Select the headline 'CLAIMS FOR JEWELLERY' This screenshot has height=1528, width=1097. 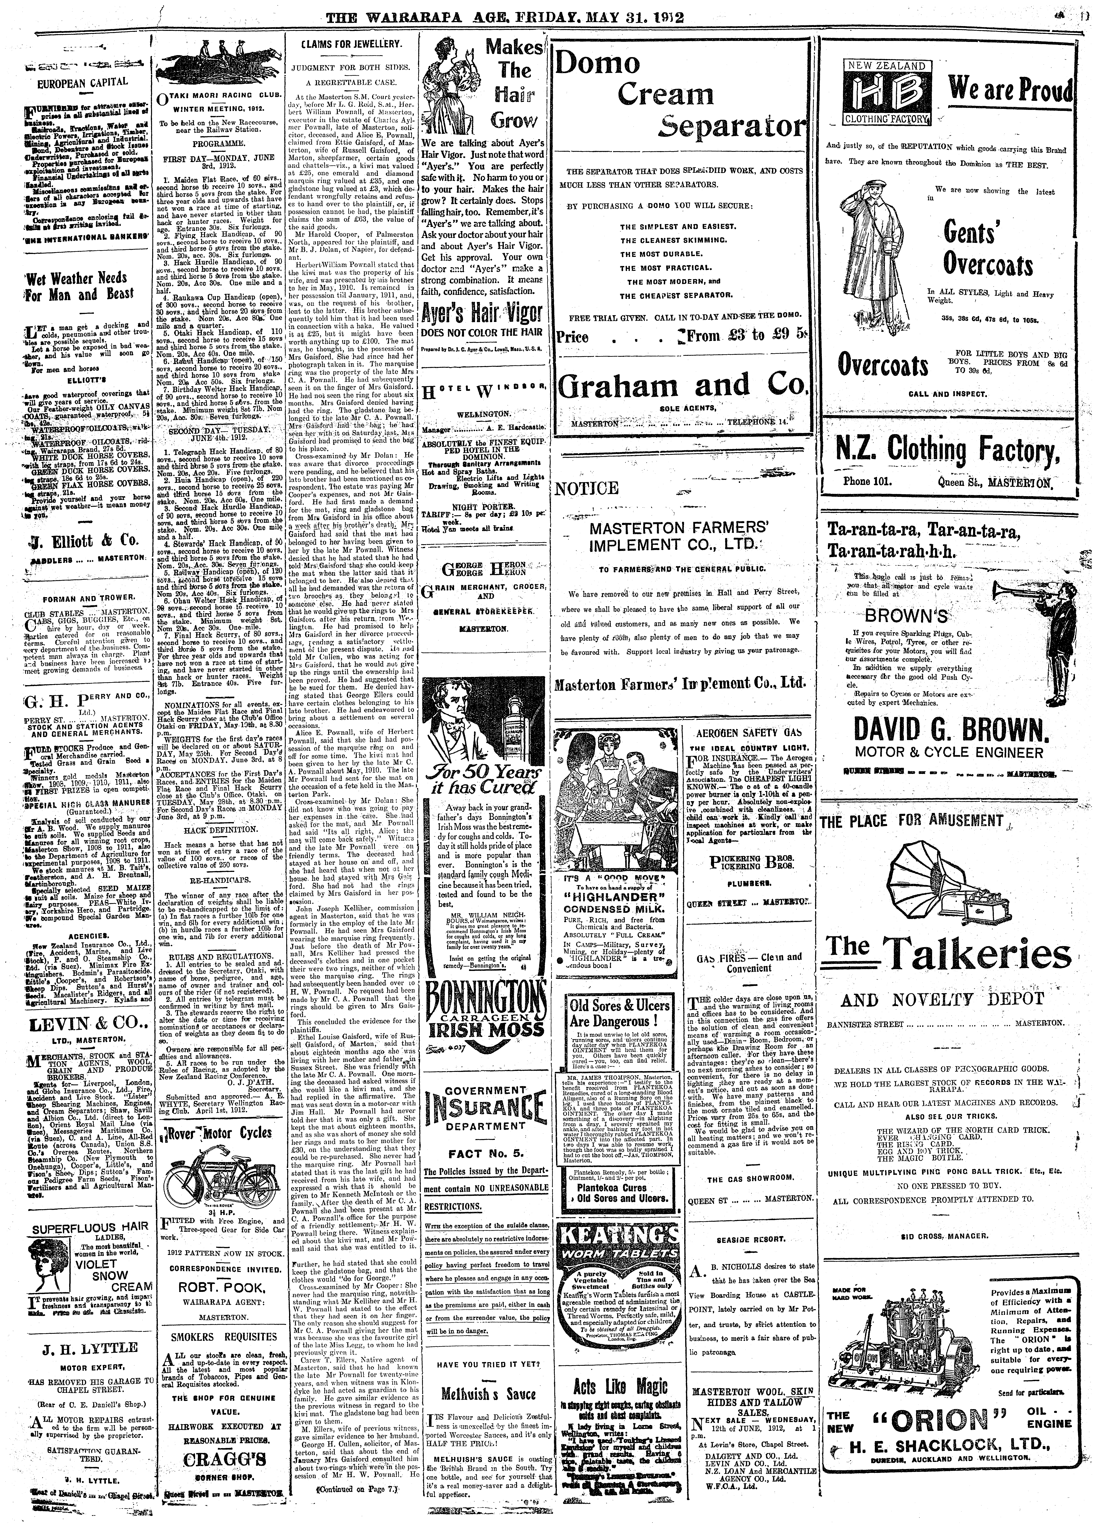(x=352, y=44)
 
